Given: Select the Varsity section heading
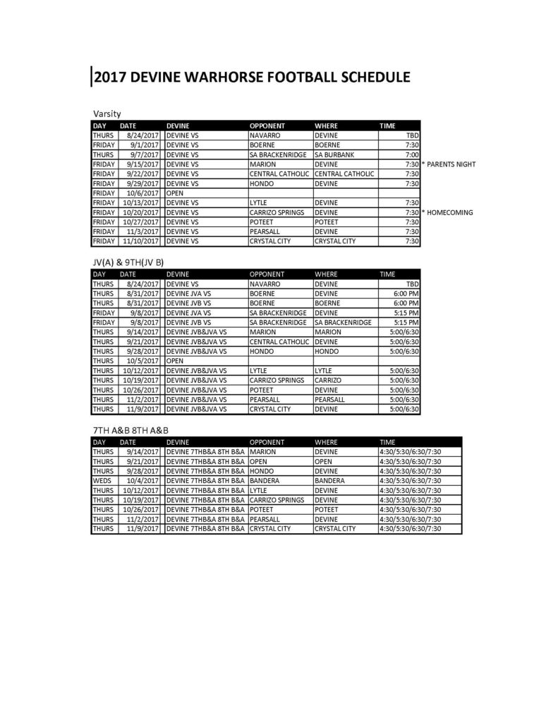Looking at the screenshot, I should point(107,114).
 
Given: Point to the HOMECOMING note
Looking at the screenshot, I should point(448,212).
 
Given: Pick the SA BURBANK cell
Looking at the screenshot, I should point(335,154).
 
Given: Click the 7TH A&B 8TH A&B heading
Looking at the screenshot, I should point(131,430).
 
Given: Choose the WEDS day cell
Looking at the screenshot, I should point(103,480).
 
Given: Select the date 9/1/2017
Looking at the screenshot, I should point(147,145).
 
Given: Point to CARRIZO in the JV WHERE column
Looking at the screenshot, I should point(330,380).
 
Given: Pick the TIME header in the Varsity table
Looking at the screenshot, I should point(389,126).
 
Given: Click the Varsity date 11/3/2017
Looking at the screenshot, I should point(145,231).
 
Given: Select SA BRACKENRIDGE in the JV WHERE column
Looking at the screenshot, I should point(343,322).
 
